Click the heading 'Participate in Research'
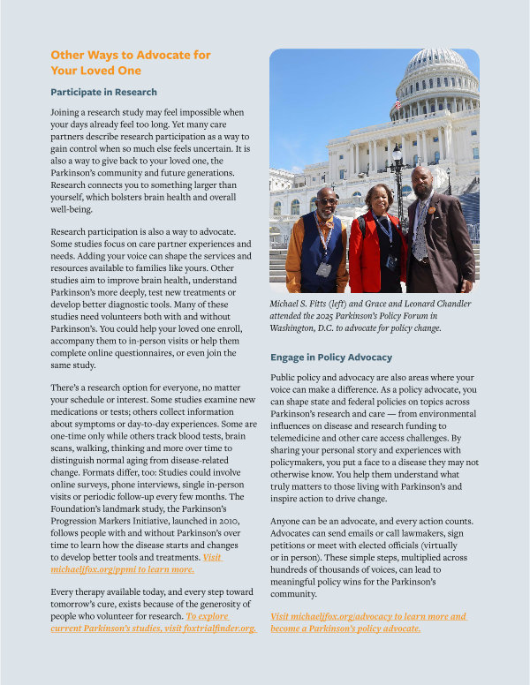click(103, 92)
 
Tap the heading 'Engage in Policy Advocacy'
click(331, 358)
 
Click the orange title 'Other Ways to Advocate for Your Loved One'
click(131, 63)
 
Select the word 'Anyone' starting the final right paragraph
click(287, 522)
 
